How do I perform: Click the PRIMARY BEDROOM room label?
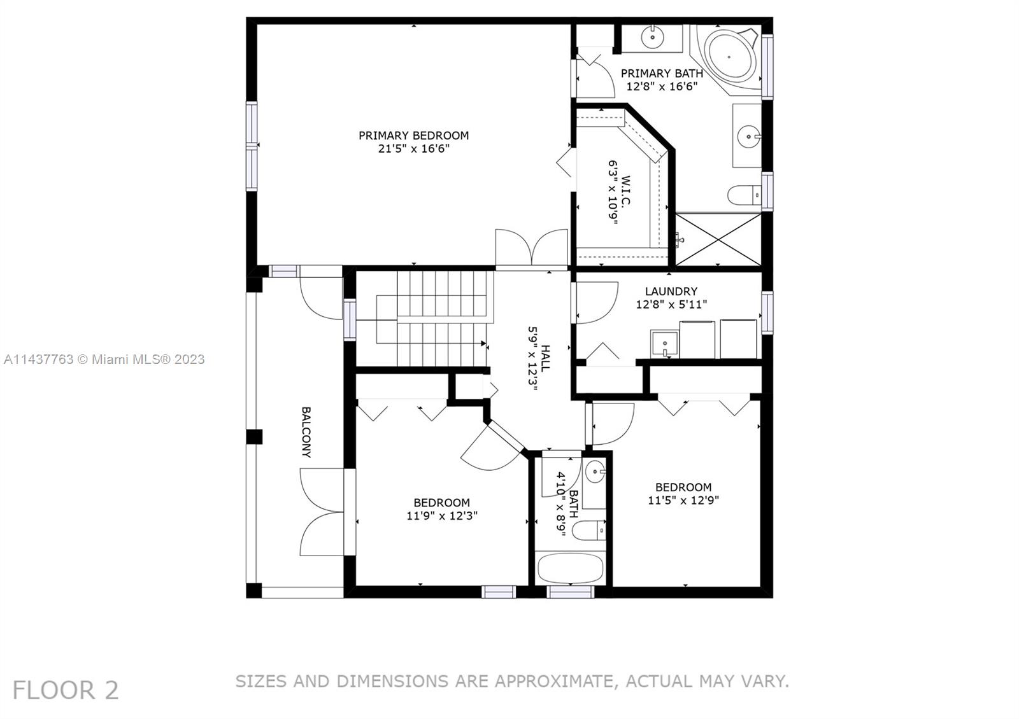point(413,136)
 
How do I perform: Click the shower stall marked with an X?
point(718,239)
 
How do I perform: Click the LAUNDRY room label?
point(671,291)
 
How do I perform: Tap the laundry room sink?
point(664,344)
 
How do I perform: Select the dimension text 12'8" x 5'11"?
point(671,305)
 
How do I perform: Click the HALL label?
point(546,358)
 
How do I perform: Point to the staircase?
point(433,318)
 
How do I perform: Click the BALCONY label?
point(306,433)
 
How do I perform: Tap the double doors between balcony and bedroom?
point(324,513)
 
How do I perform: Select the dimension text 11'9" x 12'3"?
point(441,516)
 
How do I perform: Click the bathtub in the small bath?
point(570,568)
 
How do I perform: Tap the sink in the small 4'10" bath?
point(594,472)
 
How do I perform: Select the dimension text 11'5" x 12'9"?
point(683,501)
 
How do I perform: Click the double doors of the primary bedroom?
point(531,248)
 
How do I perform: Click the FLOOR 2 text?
point(66,690)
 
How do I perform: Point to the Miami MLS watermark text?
point(104,359)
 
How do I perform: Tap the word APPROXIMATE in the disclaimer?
point(553,681)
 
